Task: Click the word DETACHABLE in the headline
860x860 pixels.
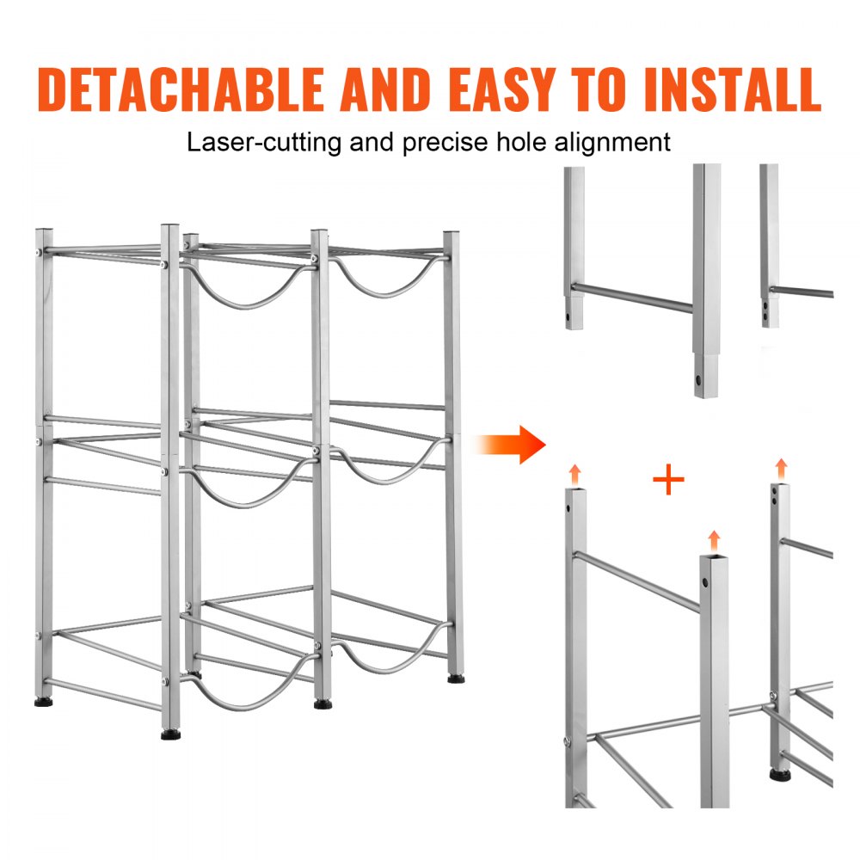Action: (x=181, y=89)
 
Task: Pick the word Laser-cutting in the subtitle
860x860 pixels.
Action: (x=264, y=142)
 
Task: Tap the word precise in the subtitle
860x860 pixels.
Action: (x=446, y=142)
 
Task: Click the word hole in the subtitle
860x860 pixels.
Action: (x=525, y=142)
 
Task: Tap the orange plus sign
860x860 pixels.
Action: (x=668, y=481)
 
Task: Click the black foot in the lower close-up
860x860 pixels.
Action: (x=780, y=775)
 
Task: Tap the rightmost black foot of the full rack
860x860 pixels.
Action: (x=453, y=679)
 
